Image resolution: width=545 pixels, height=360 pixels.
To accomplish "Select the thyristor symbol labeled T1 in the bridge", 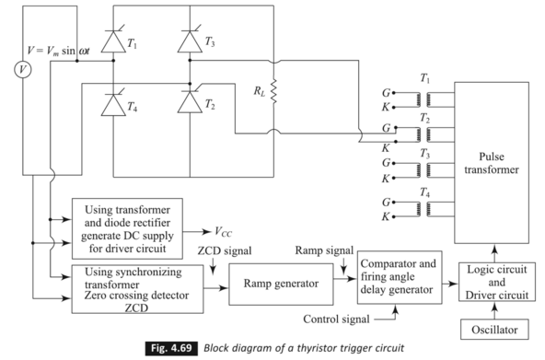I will (112, 40).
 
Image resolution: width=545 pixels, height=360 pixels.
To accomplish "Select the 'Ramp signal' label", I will (323, 249).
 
